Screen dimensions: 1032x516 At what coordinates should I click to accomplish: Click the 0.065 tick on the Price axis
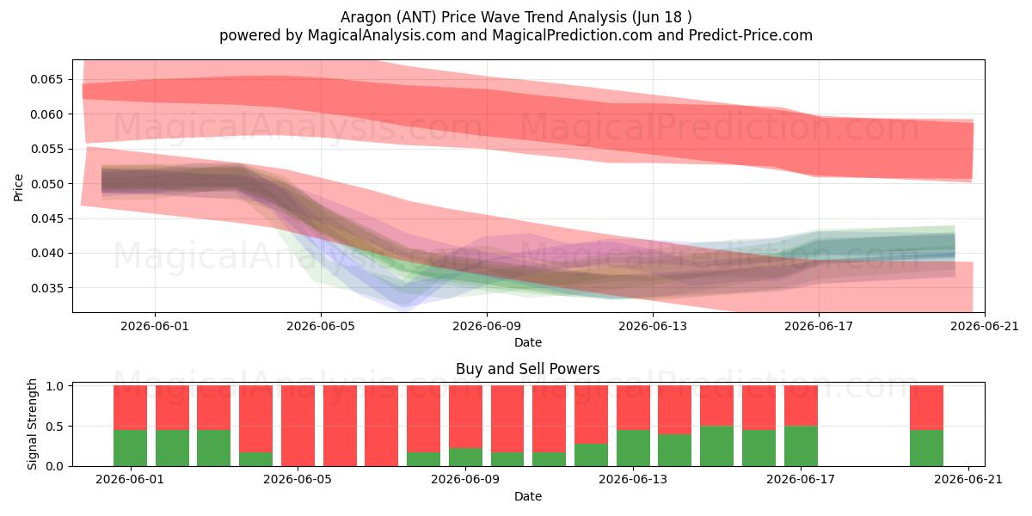46,80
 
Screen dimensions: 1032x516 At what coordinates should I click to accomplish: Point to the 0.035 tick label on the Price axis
46,288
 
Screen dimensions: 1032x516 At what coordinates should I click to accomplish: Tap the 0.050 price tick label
46,184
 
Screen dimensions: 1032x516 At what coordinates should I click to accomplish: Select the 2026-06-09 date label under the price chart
487,326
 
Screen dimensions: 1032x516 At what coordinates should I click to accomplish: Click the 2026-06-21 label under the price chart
985,326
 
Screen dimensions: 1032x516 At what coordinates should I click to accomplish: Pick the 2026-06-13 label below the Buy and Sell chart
633,480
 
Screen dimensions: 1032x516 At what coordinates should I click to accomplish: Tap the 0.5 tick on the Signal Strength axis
55,427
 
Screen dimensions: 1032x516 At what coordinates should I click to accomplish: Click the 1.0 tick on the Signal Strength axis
55,386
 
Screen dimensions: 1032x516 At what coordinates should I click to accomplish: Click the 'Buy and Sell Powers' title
528,369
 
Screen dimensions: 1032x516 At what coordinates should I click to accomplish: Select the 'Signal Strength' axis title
32,424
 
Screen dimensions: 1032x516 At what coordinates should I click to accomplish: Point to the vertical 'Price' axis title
18,187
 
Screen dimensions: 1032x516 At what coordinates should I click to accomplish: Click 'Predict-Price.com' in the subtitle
751,35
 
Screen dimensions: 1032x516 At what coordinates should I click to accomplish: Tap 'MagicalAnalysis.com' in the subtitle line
382,35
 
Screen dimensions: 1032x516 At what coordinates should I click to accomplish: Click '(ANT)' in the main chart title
418,17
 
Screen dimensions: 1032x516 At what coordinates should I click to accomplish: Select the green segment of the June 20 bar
926,448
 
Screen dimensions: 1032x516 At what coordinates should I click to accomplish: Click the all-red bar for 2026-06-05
298,426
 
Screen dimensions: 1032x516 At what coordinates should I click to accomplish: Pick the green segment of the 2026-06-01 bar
131,448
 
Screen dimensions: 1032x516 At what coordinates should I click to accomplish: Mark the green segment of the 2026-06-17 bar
802,446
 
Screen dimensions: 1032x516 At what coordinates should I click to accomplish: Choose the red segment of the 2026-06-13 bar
634,408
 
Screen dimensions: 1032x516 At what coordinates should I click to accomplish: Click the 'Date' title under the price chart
528,342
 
